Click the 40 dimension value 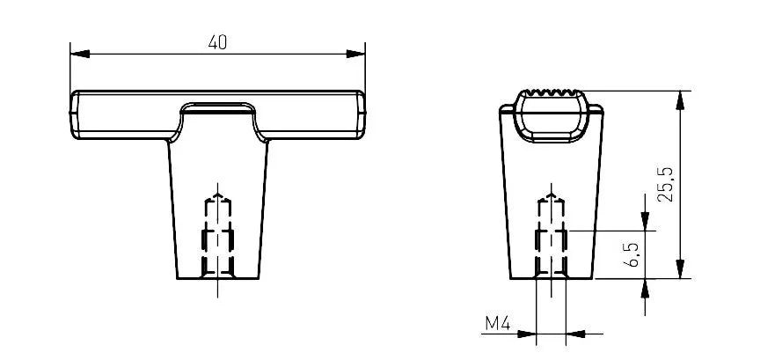click(217, 41)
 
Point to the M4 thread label click(497, 324)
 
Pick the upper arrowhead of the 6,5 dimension click(647, 221)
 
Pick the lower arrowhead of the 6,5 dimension click(647, 288)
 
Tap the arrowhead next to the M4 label click(528, 334)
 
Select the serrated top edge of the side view click(552, 92)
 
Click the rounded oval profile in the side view click(552, 116)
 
